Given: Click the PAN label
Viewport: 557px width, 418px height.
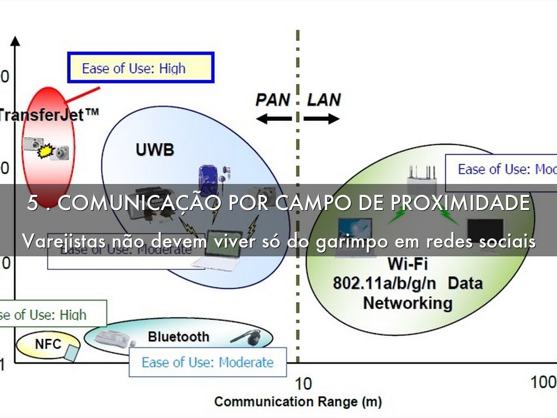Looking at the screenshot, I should [x=273, y=100].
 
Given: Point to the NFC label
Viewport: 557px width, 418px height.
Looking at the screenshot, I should [x=48, y=344].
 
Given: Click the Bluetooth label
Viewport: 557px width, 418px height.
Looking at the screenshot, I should [x=178, y=337].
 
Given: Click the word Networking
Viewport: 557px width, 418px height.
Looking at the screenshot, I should [x=407, y=303].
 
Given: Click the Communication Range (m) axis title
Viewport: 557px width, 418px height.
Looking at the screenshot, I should [x=298, y=402].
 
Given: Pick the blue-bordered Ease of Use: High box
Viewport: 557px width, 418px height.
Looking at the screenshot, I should [x=140, y=67].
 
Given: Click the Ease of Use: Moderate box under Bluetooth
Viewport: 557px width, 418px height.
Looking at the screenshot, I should [x=207, y=362].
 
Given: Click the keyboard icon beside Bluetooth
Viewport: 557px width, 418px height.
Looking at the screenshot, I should [x=112, y=339].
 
